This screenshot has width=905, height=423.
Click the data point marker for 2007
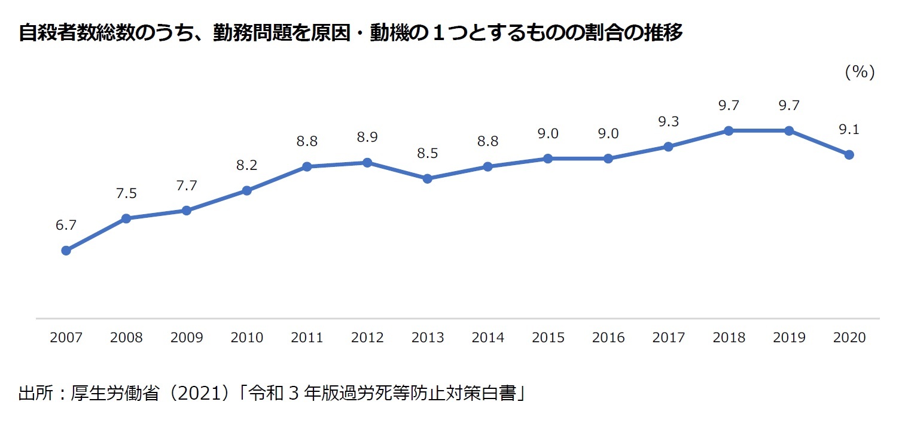tap(66, 250)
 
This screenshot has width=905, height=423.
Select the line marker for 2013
tap(427, 178)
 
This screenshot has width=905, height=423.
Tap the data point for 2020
tap(849, 154)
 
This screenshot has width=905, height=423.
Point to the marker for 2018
tap(729, 130)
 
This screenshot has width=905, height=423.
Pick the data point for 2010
tap(246, 190)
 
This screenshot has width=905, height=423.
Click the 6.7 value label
tap(66, 226)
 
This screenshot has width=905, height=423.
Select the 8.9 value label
tap(367, 138)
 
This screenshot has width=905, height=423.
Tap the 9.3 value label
tap(668, 121)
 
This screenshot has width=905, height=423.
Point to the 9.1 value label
tap(849, 129)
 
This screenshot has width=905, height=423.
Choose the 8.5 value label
tap(427, 153)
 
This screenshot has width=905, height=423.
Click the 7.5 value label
tap(126, 193)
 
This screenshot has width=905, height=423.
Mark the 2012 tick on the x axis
tap(367, 337)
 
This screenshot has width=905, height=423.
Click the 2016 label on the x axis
tap(608, 337)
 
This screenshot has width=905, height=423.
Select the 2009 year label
tap(187, 337)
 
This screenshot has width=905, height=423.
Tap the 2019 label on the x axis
tap(788, 337)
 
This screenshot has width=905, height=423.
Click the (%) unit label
tap(860, 72)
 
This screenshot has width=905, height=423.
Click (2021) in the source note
tap(200, 394)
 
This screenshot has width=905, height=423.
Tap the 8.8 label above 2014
tap(487, 141)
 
